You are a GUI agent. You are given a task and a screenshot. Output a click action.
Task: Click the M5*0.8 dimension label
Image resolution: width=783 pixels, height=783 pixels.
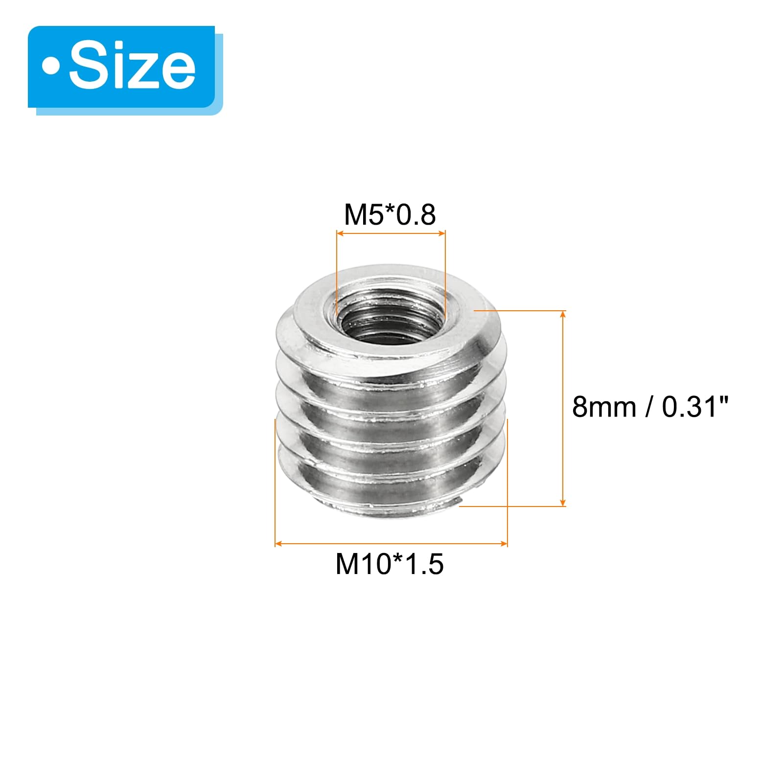tap(390, 215)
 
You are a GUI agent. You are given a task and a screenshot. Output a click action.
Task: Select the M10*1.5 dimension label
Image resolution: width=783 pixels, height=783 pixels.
tap(390, 564)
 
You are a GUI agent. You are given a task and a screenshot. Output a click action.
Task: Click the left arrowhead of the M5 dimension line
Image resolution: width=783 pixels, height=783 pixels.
tap(340, 233)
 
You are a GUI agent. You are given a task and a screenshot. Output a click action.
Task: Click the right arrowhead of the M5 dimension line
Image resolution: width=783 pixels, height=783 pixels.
tap(442, 233)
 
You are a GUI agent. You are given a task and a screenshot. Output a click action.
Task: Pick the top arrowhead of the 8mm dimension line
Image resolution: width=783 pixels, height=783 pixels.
tap(563, 314)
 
